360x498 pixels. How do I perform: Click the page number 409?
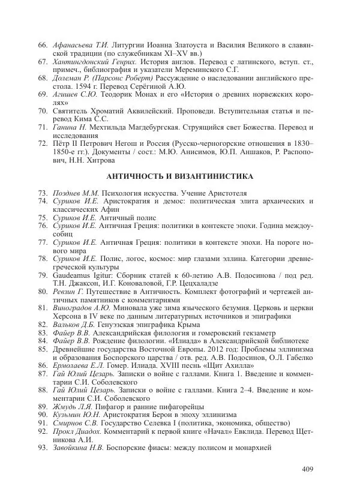point(308,469)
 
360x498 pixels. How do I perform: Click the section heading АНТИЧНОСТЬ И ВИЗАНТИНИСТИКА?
point(179,176)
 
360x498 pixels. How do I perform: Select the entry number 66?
point(42,46)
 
